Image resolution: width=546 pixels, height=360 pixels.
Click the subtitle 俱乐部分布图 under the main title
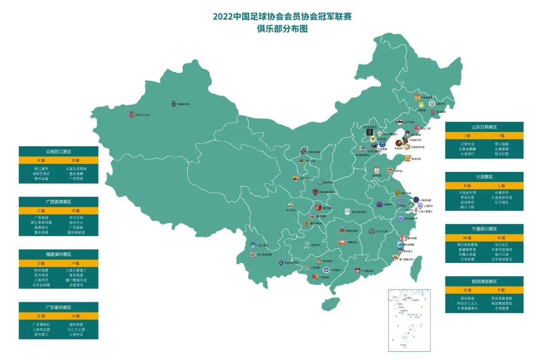click(x=282, y=29)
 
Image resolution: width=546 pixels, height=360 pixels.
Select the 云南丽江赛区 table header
click(x=58, y=151)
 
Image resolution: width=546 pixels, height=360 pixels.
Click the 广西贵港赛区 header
click(x=58, y=202)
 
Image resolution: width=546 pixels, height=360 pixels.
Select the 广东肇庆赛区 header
click(x=58, y=307)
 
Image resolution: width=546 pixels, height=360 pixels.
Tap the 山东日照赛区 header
click(x=484, y=127)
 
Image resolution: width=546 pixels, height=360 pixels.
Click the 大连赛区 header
click(x=484, y=176)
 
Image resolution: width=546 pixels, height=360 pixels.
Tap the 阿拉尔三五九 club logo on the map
click(x=132, y=115)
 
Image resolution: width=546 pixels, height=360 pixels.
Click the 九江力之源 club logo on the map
click(x=372, y=231)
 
